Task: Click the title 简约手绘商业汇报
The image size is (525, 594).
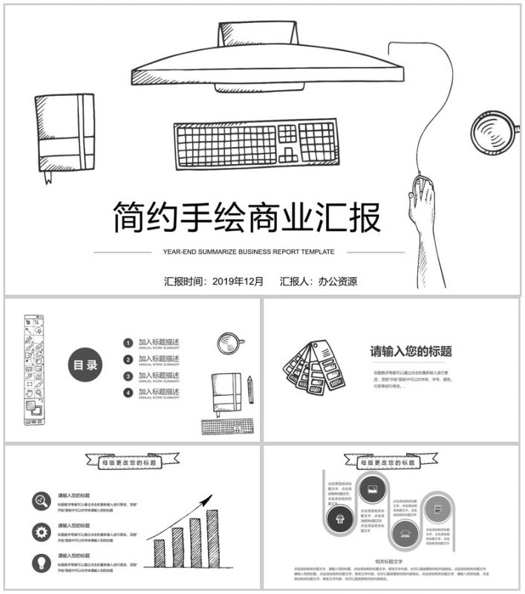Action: pos(247,218)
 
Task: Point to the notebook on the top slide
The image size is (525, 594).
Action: pos(65,133)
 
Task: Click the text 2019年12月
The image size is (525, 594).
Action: pos(238,281)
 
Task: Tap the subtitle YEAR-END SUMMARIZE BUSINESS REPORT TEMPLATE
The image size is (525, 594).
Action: pos(248,252)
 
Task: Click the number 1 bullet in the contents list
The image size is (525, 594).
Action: pos(128,343)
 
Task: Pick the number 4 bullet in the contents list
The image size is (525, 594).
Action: pos(128,393)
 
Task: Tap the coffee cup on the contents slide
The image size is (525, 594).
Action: pos(229,343)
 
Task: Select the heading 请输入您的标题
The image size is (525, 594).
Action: pos(411,352)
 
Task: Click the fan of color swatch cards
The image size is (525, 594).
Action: pos(312,366)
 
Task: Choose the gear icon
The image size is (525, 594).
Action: pos(41,532)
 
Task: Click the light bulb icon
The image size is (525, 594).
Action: pos(41,562)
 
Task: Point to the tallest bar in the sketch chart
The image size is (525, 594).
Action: pos(212,538)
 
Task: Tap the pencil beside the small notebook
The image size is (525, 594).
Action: pos(250,389)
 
